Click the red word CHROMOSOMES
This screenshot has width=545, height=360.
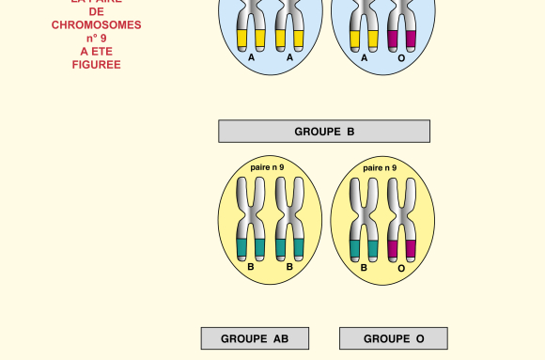(x=96, y=25)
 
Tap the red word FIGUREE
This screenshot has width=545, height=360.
(x=96, y=65)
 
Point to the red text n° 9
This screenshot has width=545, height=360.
(x=96, y=39)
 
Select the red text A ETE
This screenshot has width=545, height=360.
(x=96, y=52)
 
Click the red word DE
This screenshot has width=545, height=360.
(x=96, y=12)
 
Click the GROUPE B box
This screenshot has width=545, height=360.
(x=324, y=132)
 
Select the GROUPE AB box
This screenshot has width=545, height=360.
(x=255, y=338)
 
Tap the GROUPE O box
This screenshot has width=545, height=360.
(x=394, y=338)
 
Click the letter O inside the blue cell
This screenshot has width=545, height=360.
(x=402, y=58)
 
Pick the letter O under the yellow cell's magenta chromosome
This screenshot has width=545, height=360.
(x=401, y=268)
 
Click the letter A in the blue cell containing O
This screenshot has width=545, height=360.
(x=365, y=58)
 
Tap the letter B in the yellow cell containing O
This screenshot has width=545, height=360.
(x=364, y=268)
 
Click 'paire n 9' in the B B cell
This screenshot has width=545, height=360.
(x=267, y=167)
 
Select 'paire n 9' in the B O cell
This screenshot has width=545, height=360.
(x=380, y=168)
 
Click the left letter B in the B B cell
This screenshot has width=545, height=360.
(x=251, y=267)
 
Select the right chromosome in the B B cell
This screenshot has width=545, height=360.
(x=289, y=220)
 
